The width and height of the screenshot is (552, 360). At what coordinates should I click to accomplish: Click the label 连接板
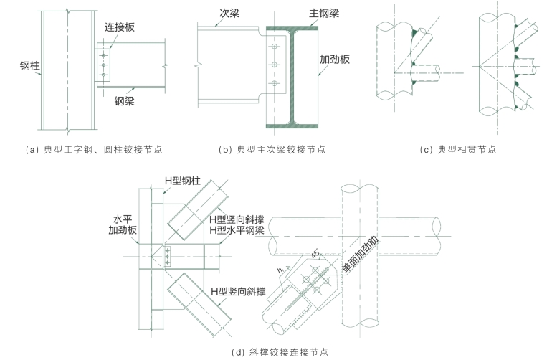coord(120,27)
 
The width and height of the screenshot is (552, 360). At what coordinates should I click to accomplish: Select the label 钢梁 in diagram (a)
coord(128,100)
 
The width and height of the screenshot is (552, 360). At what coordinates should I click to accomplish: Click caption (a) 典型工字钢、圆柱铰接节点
coord(93,150)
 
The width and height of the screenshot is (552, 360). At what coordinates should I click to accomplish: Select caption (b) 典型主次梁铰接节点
coord(273,150)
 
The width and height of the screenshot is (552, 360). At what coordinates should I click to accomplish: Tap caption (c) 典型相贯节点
coord(458,150)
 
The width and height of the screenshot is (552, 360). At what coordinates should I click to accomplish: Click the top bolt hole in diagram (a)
coord(105,55)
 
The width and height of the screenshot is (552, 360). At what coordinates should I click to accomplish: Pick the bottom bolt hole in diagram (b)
coord(274,84)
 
